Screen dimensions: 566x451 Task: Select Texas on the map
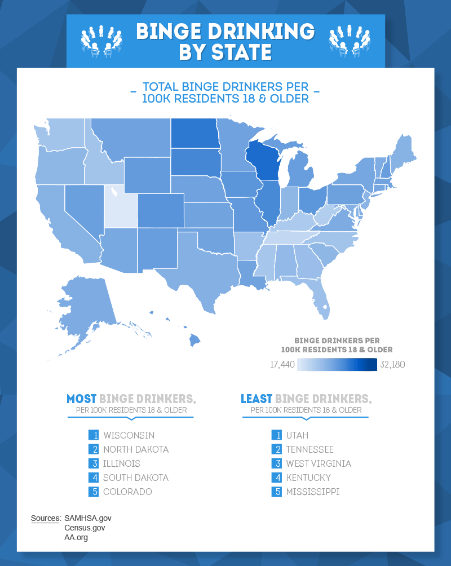[x=197, y=265]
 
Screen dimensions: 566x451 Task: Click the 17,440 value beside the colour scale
[x=282, y=365]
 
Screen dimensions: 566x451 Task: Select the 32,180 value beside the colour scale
[x=392, y=365]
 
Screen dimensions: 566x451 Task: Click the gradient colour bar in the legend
[x=337, y=365]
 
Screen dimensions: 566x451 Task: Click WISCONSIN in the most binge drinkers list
[x=129, y=435]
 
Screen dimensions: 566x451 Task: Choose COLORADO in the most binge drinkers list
[x=127, y=492]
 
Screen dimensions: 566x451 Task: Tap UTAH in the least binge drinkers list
[x=297, y=435]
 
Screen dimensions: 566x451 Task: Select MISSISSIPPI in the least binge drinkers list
[x=313, y=492]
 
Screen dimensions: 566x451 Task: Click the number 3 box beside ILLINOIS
[x=94, y=463]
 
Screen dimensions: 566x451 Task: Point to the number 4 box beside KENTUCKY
[x=276, y=477]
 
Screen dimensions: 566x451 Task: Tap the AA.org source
[x=76, y=538]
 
